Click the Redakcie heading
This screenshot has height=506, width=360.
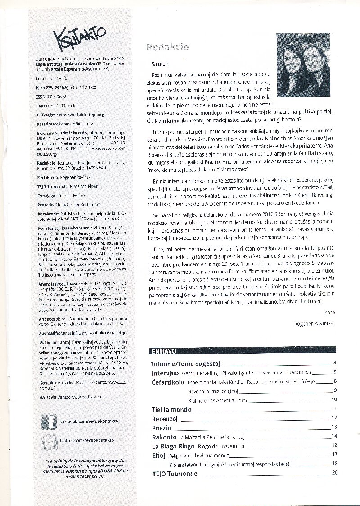point(167,47)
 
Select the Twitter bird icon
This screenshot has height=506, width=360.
point(49,443)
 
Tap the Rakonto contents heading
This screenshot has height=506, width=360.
point(164,436)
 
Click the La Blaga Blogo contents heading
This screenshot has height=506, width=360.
point(173,446)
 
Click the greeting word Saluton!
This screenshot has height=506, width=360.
point(159,64)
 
